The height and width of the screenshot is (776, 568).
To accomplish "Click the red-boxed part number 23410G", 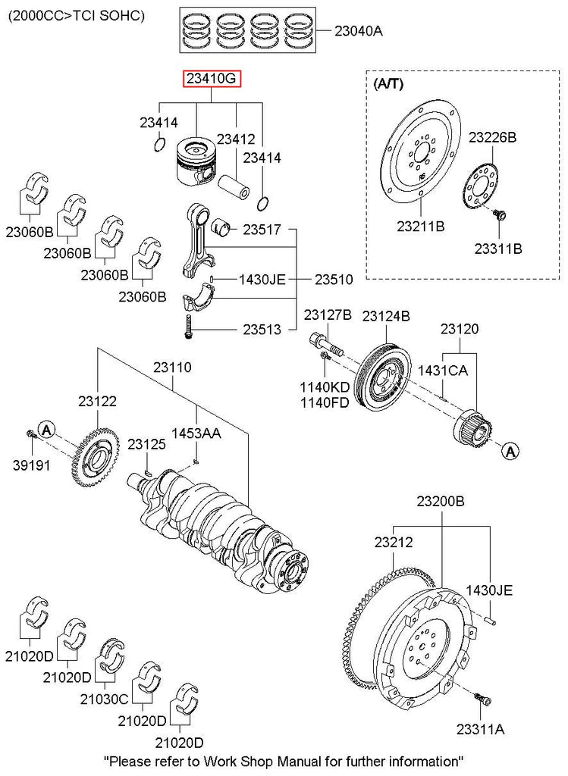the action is click(212, 79).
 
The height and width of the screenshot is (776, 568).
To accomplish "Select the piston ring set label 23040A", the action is click(359, 31).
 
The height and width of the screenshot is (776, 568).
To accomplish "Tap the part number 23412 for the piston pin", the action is click(235, 139).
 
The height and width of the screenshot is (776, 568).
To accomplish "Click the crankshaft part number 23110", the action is click(172, 368).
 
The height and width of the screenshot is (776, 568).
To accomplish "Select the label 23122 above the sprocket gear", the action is click(97, 402).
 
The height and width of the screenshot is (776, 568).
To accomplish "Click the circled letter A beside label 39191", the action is click(46, 430).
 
